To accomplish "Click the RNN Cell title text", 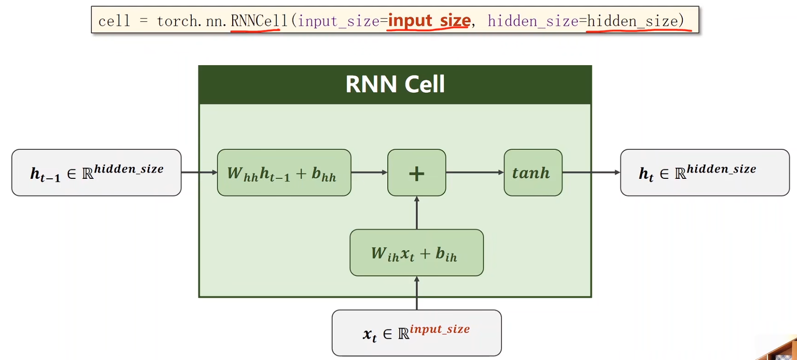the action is pyautogui.click(x=395, y=84).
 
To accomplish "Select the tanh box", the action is pyautogui.click(x=533, y=173).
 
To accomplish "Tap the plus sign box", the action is pyautogui.click(x=417, y=173).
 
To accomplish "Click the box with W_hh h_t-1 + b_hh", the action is pyautogui.click(x=284, y=173).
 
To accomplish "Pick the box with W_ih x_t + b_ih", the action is pyautogui.click(x=417, y=253).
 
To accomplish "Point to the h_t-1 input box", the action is pyautogui.click(x=97, y=173).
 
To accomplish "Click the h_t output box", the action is pyautogui.click(x=705, y=173).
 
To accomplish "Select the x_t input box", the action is pyautogui.click(x=417, y=333).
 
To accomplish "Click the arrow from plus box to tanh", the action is pyautogui.click(x=475, y=173).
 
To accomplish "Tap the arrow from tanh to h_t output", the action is pyautogui.click(x=591, y=173).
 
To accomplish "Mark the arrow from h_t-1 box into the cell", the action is pyautogui.click(x=199, y=173).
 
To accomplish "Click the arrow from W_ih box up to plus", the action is pyautogui.click(x=417, y=213).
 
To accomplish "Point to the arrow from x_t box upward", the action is pyautogui.click(x=417, y=293).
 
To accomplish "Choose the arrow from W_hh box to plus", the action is pyautogui.click(x=369, y=173).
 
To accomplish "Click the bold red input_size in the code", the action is pyautogui.click(x=430, y=20).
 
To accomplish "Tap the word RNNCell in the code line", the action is pyautogui.click(x=259, y=21).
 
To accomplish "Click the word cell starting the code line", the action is pyautogui.click(x=114, y=21).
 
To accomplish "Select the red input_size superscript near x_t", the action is pyautogui.click(x=440, y=329).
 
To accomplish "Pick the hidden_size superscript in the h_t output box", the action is pyautogui.click(x=721, y=169).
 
